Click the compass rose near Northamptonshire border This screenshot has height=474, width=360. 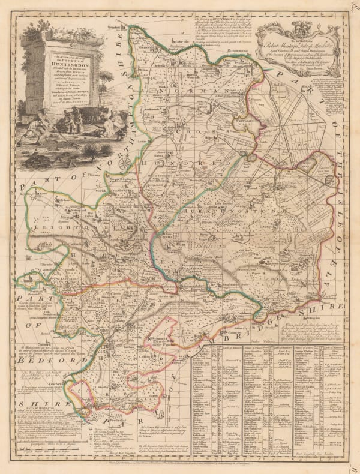(x=125, y=163)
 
